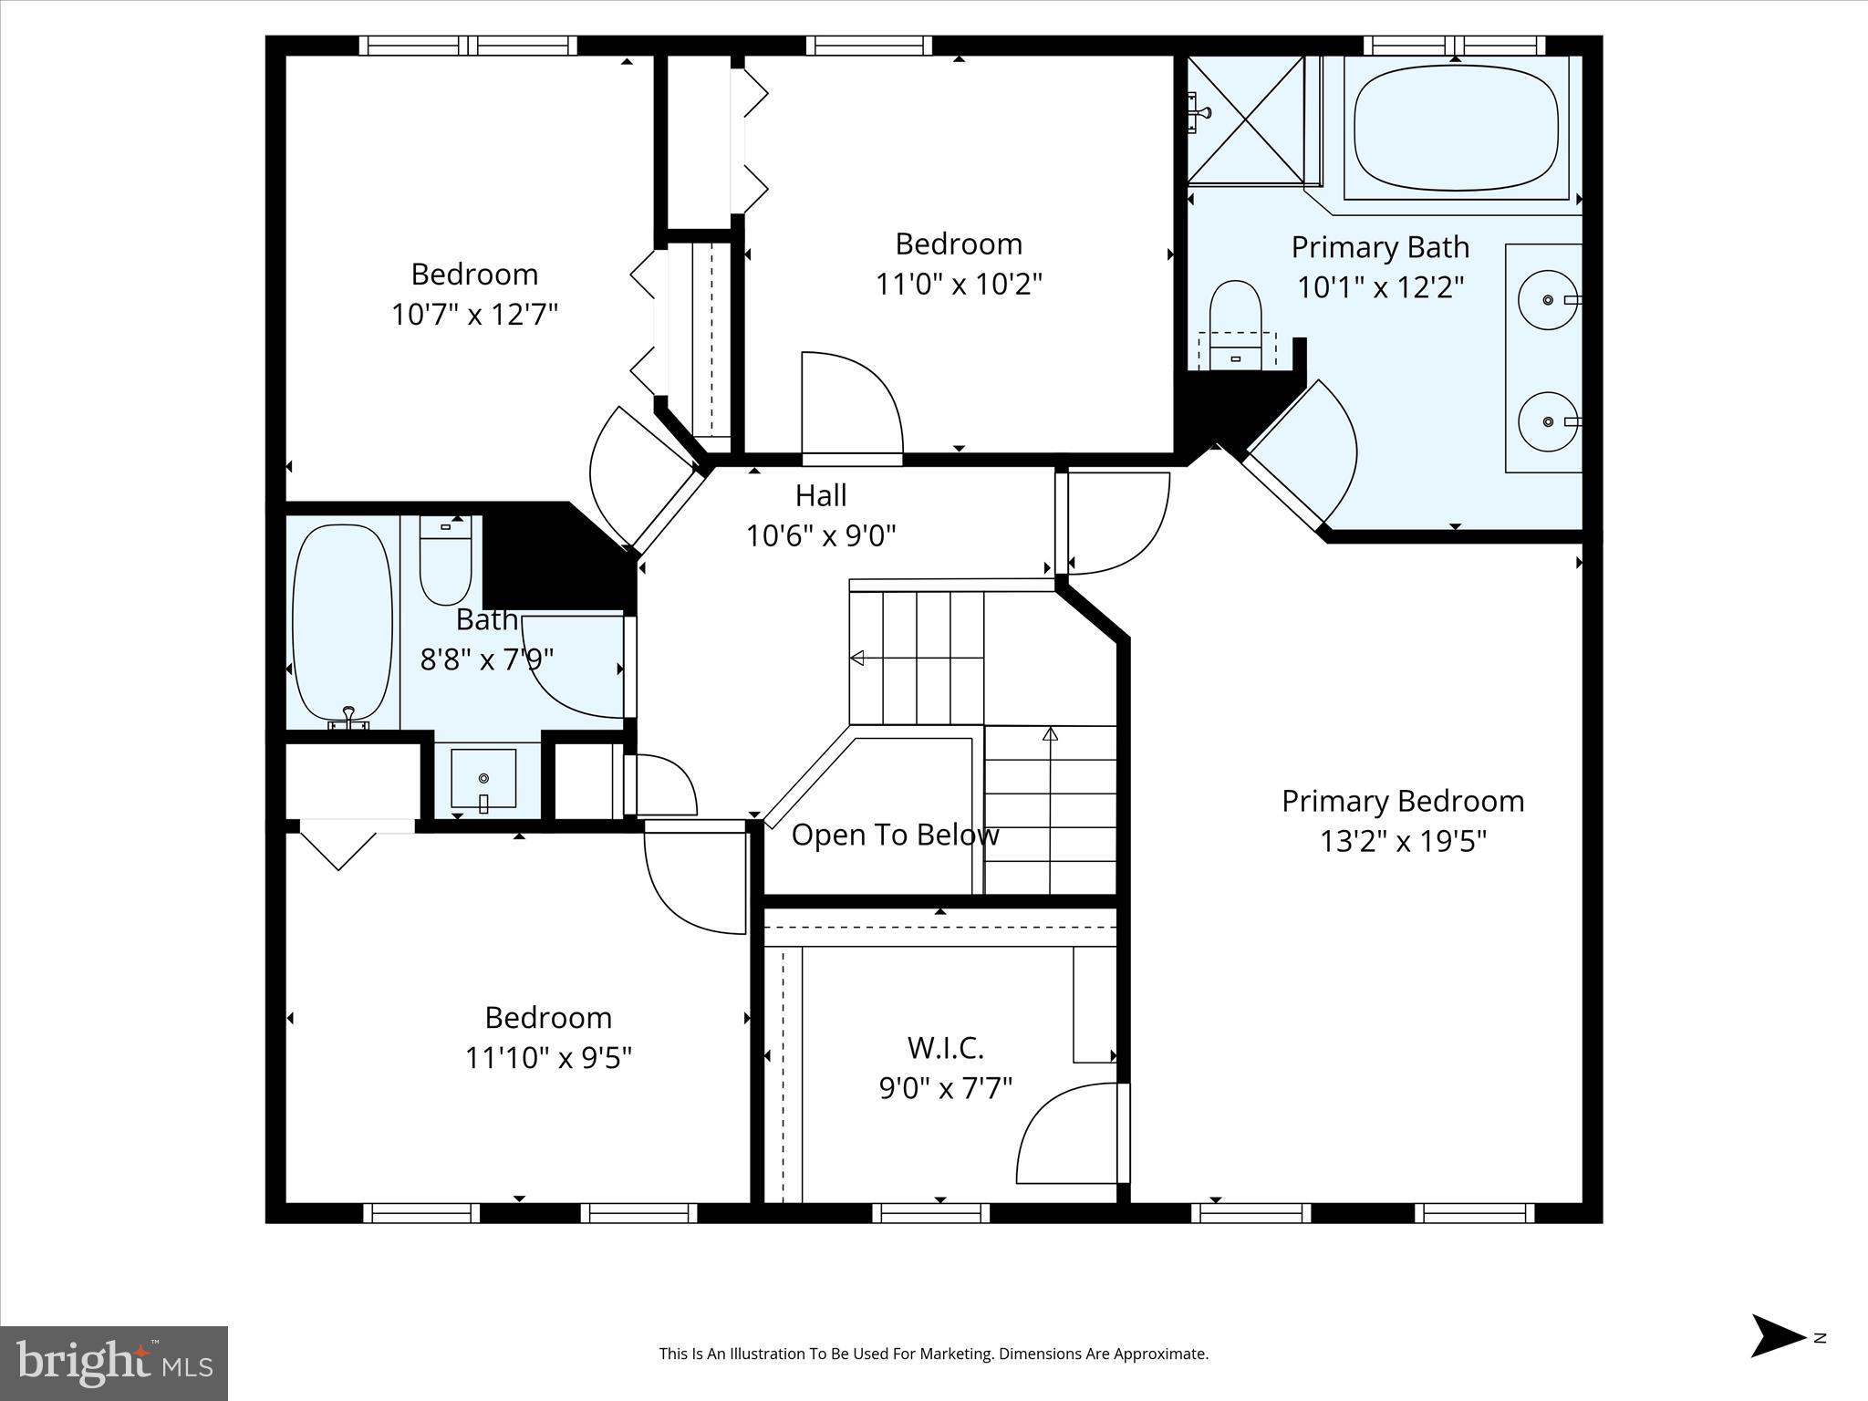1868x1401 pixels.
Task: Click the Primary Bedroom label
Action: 1402,801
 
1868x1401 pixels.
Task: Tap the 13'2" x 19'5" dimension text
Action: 1402,840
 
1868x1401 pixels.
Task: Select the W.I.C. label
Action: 945,1048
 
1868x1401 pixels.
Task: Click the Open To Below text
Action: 895,835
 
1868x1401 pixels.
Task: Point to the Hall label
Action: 821,495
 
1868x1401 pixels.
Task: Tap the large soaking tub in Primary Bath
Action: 1456,128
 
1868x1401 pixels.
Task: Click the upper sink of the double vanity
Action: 1548,299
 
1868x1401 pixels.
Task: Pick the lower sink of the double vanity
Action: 1548,421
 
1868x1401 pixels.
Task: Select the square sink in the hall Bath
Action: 483,778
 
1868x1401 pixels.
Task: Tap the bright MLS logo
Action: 114,1363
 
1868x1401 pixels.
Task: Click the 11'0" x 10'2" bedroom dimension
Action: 959,285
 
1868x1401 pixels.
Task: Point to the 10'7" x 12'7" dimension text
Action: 474,315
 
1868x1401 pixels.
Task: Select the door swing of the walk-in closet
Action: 1067,1136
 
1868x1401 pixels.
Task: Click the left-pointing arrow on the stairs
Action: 857,658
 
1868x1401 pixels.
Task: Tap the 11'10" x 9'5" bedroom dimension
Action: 548,1058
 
